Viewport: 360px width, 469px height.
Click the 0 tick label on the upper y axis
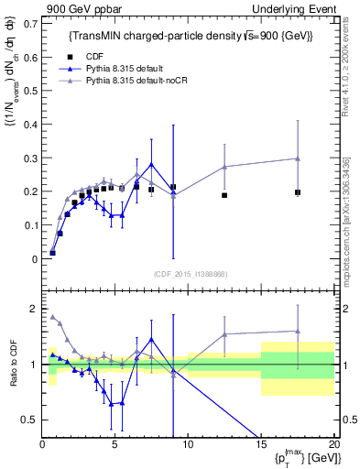coord(34,259)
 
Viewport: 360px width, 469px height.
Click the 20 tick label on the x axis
coord(333,444)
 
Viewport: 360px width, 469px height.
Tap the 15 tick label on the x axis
coord(261,444)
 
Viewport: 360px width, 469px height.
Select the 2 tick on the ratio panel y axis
coord(34,308)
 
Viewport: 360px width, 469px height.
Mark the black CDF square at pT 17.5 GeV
coord(298,192)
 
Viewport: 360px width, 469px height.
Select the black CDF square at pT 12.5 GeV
coord(224,195)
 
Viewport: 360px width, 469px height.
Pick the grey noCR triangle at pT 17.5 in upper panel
coord(298,158)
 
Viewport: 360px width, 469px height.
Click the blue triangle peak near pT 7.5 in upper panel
coord(151,164)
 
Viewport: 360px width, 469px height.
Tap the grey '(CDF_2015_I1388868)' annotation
coord(190,273)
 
